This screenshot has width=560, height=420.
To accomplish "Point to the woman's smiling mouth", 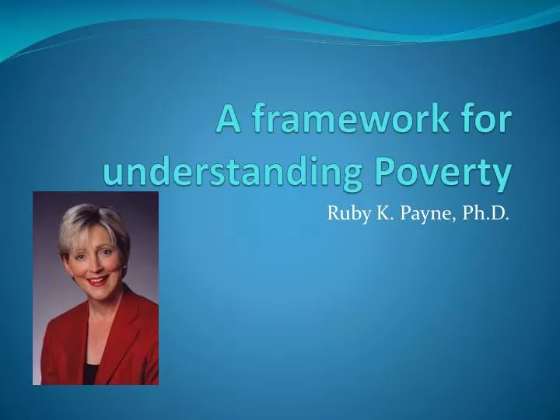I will coord(98,280).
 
